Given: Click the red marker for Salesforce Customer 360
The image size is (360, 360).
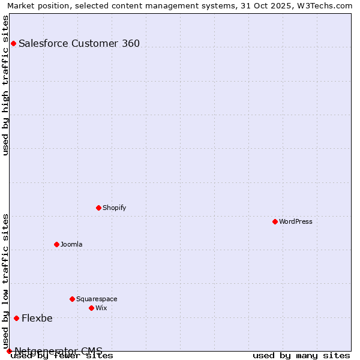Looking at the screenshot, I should point(13,43).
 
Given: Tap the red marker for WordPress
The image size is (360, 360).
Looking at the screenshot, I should point(275,221).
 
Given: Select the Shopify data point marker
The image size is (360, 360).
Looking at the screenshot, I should point(98,208).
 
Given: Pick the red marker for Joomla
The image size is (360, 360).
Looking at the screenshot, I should point(56,244).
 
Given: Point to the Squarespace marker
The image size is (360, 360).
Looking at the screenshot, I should point(72,299).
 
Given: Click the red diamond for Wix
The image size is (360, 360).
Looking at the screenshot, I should point(91,308).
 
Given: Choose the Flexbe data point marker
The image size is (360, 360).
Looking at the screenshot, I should point(16,318).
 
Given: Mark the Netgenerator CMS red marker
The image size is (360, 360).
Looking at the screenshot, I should point(9,351).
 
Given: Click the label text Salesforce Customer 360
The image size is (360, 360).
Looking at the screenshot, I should point(79,43).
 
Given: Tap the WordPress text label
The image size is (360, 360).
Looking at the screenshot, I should point(296,221).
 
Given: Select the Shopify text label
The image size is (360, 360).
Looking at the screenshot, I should point(114,208).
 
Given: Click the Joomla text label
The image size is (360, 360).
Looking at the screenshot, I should point(71,244).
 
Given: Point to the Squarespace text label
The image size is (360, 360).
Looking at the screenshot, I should point(97,299).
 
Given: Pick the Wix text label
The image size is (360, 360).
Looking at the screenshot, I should point(101,308).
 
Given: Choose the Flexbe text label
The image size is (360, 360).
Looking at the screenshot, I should point(37,318).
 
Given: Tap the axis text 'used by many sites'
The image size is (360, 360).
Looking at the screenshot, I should point(301,355).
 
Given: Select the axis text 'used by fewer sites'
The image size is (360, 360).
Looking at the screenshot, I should point(62,355).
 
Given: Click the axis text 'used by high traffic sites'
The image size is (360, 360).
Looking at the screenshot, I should point(6,85).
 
